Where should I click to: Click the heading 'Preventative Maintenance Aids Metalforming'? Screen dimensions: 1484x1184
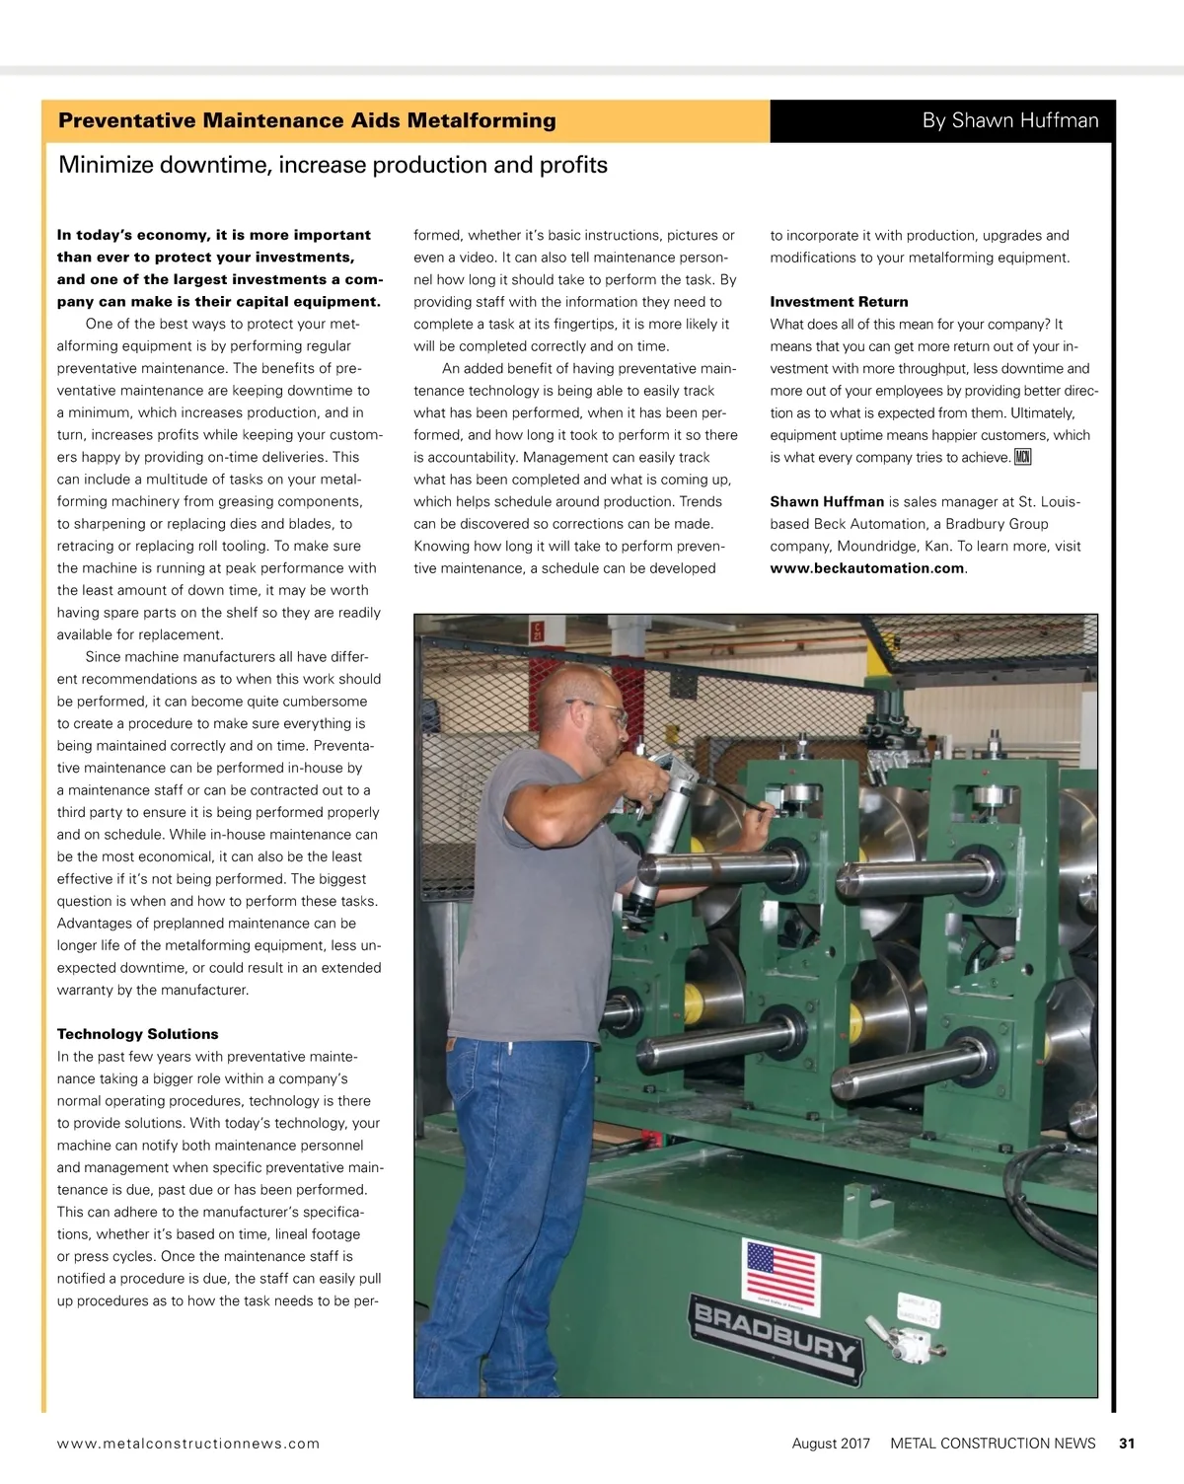click(307, 121)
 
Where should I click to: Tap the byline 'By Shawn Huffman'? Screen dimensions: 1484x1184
click(1009, 121)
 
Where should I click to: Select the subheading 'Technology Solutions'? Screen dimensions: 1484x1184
click(138, 1034)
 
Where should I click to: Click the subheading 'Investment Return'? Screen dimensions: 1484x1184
click(839, 302)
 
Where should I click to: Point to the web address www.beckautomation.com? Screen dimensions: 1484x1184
click(866, 568)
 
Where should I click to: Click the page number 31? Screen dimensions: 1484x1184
click(1127, 1444)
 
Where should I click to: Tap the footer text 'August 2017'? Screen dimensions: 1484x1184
click(831, 1444)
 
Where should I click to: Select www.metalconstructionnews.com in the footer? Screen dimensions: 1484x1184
click(188, 1444)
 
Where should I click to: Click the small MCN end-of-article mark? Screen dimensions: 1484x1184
click(1023, 457)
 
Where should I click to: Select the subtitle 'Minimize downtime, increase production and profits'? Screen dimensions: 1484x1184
click(333, 165)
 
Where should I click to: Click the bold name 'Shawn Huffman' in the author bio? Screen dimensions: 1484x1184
click(827, 501)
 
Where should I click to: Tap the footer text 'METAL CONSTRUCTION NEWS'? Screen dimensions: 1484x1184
click(993, 1444)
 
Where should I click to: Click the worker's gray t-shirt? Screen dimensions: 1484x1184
click(538, 888)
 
